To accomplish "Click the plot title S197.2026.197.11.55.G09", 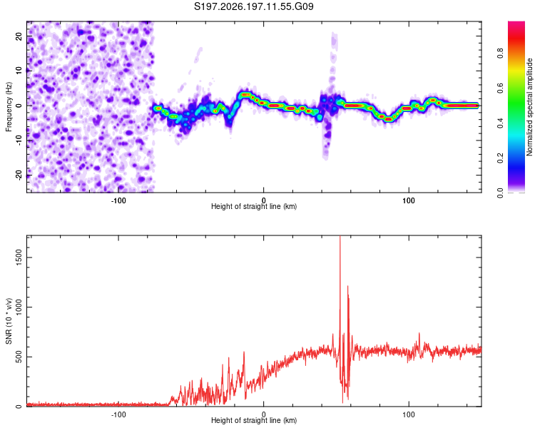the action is (253, 6).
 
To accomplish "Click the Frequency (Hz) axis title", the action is (9, 107).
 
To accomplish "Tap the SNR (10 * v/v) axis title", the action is (9, 321).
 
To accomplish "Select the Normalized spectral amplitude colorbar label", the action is (529, 107).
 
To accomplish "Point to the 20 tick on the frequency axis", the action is (19, 36).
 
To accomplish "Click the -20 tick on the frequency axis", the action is (19, 175).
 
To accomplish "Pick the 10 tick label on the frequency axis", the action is (19, 71).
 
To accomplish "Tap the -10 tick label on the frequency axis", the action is (19, 141).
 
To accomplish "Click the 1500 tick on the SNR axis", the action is (19, 257).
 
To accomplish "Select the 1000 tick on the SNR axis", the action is (19, 307).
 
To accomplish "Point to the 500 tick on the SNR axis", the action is (19, 357).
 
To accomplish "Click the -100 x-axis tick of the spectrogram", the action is (118, 200).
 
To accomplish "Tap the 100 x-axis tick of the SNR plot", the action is (409, 414).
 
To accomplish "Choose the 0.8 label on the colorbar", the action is (500, 53).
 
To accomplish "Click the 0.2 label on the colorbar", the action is (500, 158).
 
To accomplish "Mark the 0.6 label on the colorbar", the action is (500, 88).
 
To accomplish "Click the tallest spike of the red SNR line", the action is (340, 237).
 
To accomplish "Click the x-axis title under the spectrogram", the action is (254, 206).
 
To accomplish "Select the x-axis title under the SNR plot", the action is (254, 420).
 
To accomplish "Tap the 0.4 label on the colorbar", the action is (500, 123).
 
